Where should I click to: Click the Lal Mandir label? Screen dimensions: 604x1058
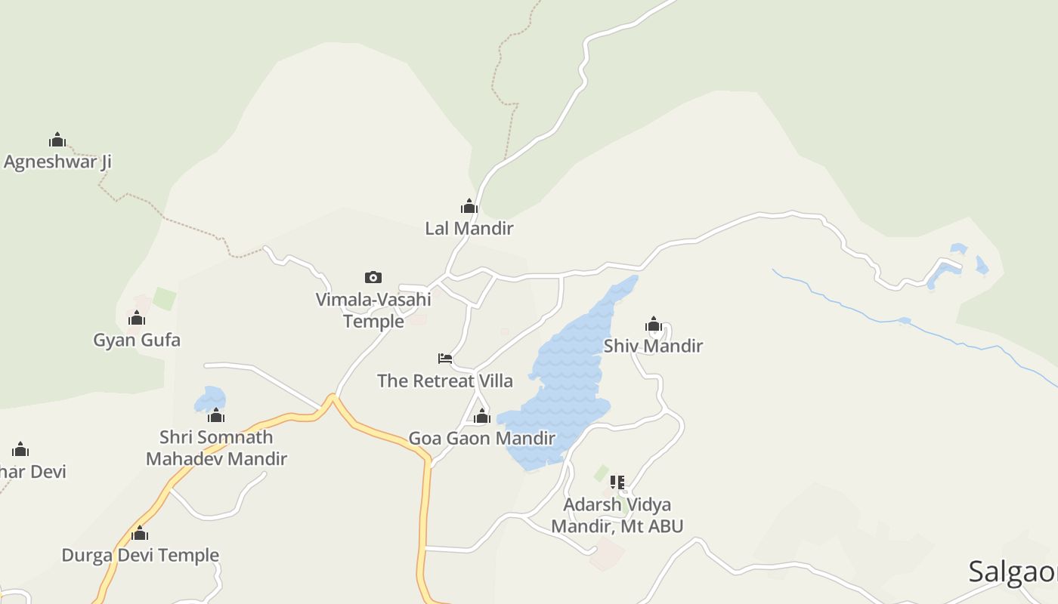pos(469,228)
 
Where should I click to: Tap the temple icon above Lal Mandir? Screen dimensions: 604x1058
pos(469,206)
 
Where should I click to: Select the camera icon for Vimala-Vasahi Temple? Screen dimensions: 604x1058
pos(373,277)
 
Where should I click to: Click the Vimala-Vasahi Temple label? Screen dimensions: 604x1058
pos(373,310)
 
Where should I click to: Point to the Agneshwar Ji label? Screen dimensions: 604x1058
pos(57,162)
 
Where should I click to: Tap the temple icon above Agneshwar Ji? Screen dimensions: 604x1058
pos(57,140)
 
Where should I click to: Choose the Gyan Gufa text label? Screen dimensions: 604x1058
pos(137,340)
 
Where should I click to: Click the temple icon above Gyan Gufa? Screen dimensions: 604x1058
pos(137,318)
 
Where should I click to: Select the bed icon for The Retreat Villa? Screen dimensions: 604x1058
pos(445,359)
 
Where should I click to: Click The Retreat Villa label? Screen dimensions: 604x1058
pos(445,381)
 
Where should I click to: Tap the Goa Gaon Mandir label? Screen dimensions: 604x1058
pos(482,438)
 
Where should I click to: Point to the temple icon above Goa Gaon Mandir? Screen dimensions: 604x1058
pos(482,416)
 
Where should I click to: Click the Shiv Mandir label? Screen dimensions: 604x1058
pos(653,346)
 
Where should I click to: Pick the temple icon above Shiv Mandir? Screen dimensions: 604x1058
pos(654,325)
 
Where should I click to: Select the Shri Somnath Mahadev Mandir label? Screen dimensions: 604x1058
pos(216,447)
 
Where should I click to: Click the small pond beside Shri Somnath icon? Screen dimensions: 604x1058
pos(209,399)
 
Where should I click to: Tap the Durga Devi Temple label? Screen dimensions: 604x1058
pos(140,555)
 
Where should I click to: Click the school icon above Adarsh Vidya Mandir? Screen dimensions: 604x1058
pos(617,482)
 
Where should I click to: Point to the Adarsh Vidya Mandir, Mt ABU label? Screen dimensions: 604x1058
pos(617,515)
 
